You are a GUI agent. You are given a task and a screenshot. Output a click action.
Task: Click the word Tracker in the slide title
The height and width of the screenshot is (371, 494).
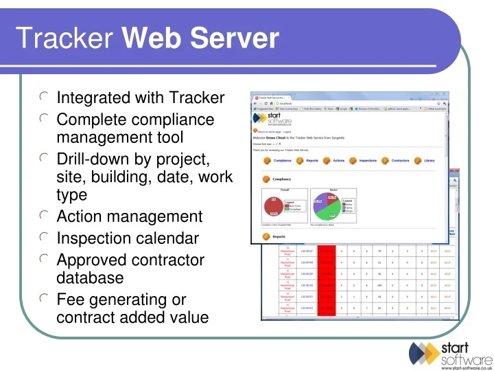[x=64, y=39]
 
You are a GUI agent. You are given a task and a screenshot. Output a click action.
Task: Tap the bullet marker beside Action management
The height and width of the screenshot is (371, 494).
[x=44, y=216]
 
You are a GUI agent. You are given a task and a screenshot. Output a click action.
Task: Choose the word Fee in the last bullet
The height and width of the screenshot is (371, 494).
[x=69, y=300]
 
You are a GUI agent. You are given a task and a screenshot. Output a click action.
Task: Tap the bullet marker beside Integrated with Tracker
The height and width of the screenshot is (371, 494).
[x=44, y=98]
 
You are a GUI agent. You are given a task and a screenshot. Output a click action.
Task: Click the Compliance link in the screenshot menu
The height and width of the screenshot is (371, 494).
[x=282, y=161]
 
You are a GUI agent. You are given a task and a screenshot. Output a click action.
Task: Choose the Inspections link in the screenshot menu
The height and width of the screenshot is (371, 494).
[x=368, y=161]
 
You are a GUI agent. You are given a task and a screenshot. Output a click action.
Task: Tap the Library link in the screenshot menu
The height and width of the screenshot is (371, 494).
[x=429, y=161]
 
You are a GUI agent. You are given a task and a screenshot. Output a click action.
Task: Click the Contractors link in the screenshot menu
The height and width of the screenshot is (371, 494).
[x=400, y=161]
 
